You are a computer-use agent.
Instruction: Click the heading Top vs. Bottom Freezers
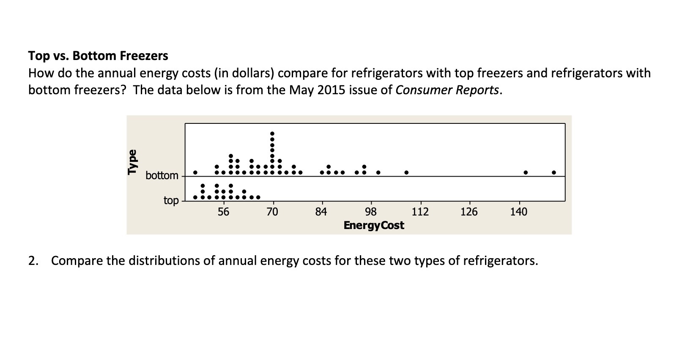[98, 56]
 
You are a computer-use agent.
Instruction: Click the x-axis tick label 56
[223, 212]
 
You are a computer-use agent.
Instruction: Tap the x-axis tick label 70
[272, 212]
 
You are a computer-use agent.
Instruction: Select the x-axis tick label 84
[321, 212]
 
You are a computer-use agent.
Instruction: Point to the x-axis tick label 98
[371, 212]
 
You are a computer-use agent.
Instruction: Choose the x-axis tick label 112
[420, 212]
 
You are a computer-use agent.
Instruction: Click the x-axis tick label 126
[469, 212]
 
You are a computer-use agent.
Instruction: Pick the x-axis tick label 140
[518, 212]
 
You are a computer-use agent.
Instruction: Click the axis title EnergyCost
[374, 225]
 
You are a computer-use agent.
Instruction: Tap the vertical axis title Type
[133, 162]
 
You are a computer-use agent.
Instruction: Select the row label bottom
[162, 175]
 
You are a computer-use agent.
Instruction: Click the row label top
[171, 200]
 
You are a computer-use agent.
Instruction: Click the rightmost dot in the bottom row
[553, 172]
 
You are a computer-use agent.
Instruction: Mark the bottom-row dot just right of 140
[526, 172]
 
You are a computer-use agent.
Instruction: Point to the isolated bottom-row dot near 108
[406, 172]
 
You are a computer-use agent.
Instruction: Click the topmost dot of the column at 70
[272, 134]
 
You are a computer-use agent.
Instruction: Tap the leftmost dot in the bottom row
[195, 172]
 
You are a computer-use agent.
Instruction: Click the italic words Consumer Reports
[447, 90]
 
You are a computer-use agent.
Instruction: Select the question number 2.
[32, 261]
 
